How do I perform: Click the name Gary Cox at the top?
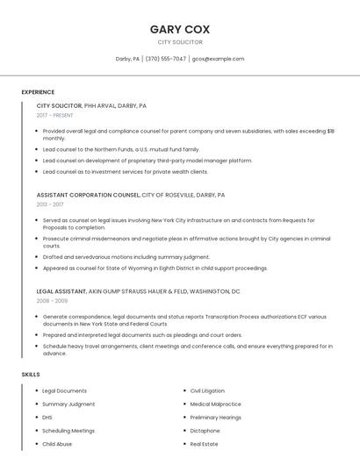coord(180,29)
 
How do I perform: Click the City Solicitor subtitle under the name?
coord(180,42)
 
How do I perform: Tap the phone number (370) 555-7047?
coord(165,59)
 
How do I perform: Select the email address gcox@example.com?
coord(218,59)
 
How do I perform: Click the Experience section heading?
coord(38,92)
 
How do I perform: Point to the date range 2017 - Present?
coord(54,115)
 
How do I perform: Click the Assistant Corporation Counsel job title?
coord(88,195)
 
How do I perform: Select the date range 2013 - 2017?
coord(49,204)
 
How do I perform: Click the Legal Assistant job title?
coord(61,290)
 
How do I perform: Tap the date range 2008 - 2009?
coord(51,300)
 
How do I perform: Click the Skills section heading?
coord(31,375)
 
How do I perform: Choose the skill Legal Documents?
coord(64,390)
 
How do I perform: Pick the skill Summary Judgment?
coord(68,404)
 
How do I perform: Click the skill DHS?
coord(47,418)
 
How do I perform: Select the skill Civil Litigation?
coord(207,390)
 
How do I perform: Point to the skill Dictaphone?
coord(205,431)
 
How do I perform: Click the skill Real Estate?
coord(204,444)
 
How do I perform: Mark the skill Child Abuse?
coord(57,444)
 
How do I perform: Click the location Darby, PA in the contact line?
coord(127,59)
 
